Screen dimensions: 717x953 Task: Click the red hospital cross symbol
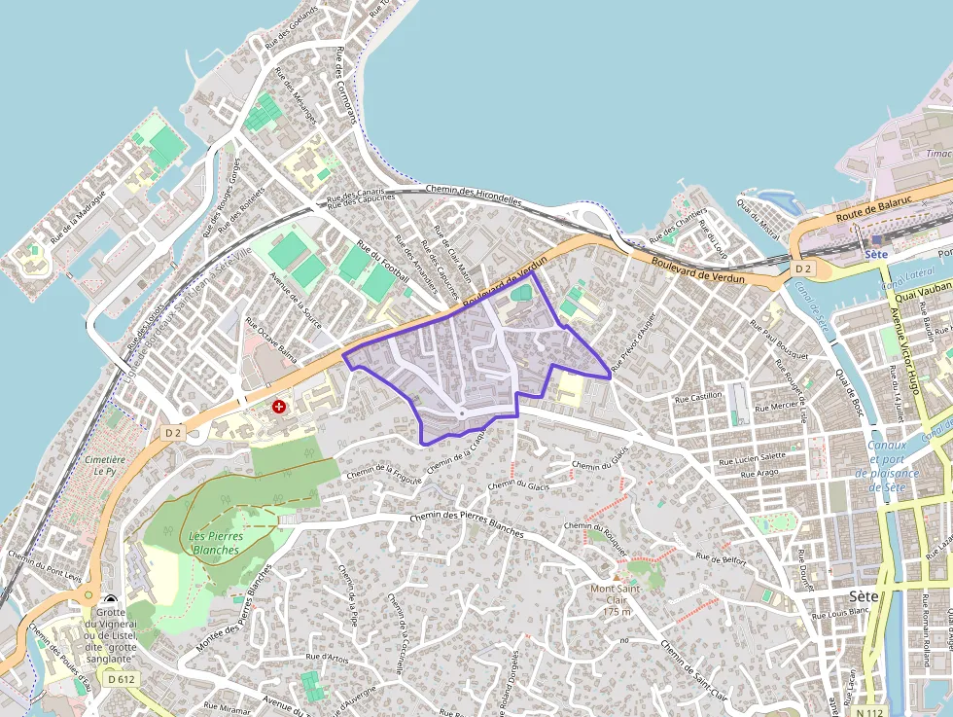[x=280, y=405]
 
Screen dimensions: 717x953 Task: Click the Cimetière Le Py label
[x=105, y=464]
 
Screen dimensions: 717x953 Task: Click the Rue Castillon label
[x=699, y=396]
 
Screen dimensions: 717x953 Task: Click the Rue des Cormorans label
[x=345, y=89]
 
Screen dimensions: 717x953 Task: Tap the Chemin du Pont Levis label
[x=45, y=570]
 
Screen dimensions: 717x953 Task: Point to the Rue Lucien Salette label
[x=752, y=456]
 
